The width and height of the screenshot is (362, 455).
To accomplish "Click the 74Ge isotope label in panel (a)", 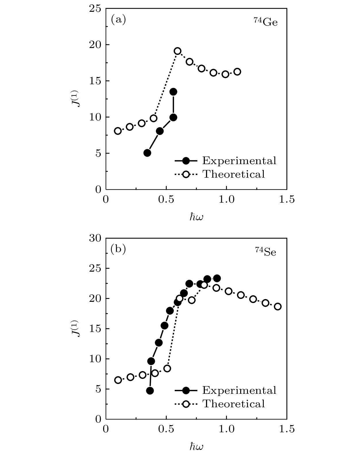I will point(265,22).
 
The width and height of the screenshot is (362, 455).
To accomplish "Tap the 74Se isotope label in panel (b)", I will point(266,252).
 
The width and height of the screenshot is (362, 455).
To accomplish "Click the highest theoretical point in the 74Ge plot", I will point(178,51).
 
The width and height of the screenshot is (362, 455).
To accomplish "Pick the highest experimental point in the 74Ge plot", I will point(173,92).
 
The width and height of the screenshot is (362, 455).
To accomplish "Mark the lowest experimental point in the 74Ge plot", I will point(147,153).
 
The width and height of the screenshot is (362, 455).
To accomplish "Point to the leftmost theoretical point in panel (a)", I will point(118,131).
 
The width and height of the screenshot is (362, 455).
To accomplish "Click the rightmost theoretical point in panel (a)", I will point(237,72).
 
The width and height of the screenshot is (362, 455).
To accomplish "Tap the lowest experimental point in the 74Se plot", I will point(150,391).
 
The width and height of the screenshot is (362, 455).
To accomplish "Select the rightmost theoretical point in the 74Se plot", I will point(278,306).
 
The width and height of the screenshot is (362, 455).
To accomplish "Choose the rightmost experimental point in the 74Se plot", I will point(217,278).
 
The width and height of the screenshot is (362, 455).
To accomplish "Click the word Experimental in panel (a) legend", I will point(239,161).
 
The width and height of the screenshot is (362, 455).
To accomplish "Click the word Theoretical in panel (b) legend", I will point(234,404).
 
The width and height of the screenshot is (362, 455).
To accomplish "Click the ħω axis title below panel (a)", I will point(197,217).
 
